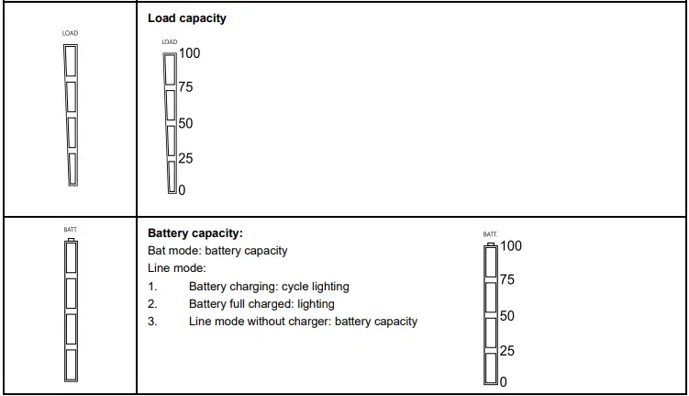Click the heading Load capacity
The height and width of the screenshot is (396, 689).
point(187,18)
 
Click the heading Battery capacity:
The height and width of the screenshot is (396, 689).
point(195,233)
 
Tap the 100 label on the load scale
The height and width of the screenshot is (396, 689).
point(189,53)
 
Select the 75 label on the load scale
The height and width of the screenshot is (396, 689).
point(185,88)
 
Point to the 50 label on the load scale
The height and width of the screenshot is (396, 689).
point(185,123)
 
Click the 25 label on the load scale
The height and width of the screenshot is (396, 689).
point(185,159)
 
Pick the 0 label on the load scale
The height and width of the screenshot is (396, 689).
point(182,190)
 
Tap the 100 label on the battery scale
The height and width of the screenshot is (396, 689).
point(511,246)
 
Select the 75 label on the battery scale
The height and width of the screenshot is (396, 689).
point(506,280)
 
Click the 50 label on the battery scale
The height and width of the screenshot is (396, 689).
point(506,316)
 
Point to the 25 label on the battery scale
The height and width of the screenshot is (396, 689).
point(506,351)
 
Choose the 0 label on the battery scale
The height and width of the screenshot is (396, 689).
point(504,382)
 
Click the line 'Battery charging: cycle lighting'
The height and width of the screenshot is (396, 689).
point(269,287)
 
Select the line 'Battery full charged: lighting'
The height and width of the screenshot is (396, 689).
point(261,304)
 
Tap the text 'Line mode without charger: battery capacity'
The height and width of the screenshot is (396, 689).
point(303,322)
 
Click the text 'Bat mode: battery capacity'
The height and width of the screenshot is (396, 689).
point(217,251)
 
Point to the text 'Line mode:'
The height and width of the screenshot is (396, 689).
point(177,268)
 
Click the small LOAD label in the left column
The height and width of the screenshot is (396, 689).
point(71,34)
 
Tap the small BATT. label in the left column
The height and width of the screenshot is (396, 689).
point(71,229)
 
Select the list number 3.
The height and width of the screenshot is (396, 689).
point(152,322)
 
